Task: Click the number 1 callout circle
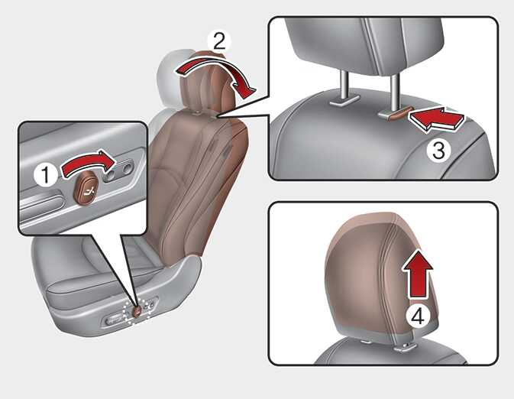(x=46, y=174)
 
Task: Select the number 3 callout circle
(x=438, y=151)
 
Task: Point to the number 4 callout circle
(x=418, y=317)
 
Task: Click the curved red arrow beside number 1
(x=88, y=161)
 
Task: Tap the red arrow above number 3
(x=437, y=119)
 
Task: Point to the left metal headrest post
(x=344, y=86)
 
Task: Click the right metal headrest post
(x=394, y=90)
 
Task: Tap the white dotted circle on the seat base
(x=137, y=311)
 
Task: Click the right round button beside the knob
(x=127, y=169)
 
